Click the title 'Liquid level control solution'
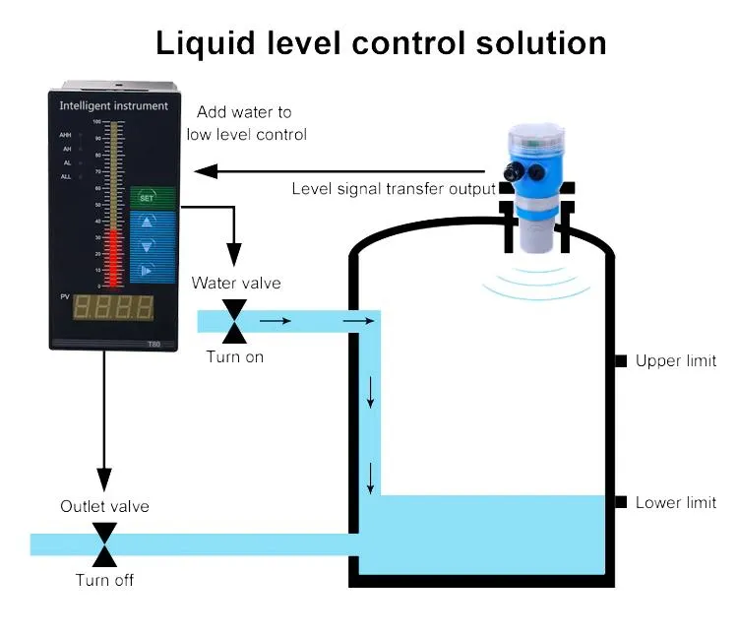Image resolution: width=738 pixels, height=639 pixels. tap(380, 42)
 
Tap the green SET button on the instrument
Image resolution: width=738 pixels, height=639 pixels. tap(147, 197)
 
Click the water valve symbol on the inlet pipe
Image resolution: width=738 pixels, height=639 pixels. tap(234, 321)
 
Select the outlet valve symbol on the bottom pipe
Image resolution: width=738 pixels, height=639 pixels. tap(104, 543)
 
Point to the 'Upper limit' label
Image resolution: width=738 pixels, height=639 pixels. tap(675, 361)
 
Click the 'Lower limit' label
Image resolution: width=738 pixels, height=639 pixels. tap(675, 502)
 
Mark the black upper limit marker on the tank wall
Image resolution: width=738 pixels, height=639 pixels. tap(621, 361)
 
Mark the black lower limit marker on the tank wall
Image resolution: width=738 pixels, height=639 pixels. tap(621, 502)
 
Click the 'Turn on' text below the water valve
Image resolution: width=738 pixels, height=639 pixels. tap(235, 356)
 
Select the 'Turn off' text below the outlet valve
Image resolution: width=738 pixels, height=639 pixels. tap(104, 580)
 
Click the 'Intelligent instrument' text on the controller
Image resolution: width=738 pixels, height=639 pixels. tap(113, 105)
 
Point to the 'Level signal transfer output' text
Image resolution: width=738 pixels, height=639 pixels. tap(394, 188)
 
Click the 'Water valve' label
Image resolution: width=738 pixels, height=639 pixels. tap(236, 284)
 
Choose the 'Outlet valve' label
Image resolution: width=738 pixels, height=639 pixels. tap(104, 506)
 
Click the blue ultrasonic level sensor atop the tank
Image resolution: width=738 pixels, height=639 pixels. tap(536, 193)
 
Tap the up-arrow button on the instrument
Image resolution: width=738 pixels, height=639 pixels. tap(147, 223)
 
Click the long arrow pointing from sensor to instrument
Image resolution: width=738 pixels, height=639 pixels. tap(344, 171)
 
